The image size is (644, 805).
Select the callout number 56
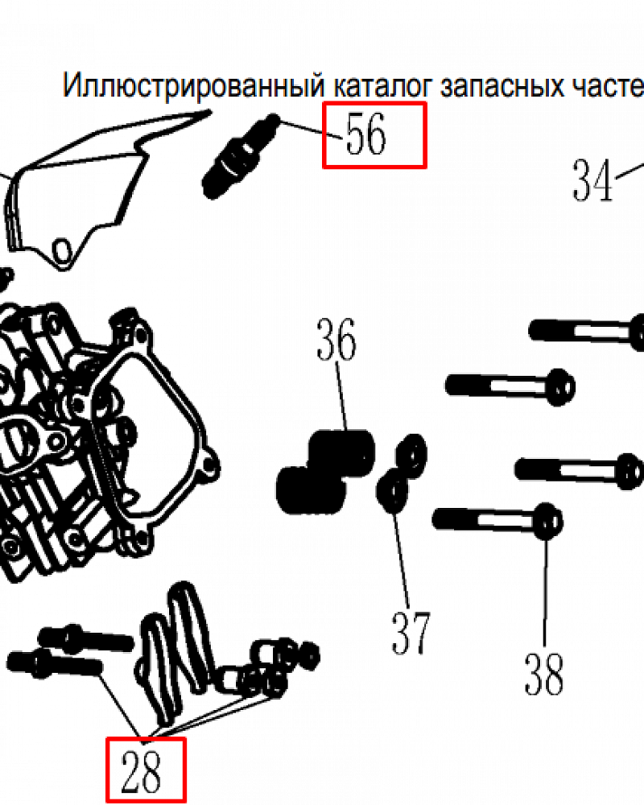(x=366, y=134)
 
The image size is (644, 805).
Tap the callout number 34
(x=593, y=180)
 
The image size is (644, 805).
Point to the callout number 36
(x=336, y=341)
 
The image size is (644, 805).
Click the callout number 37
(x=411, y=632)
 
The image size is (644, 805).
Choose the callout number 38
(x=544, y=674)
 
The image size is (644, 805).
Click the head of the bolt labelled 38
(x=547, y=521)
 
